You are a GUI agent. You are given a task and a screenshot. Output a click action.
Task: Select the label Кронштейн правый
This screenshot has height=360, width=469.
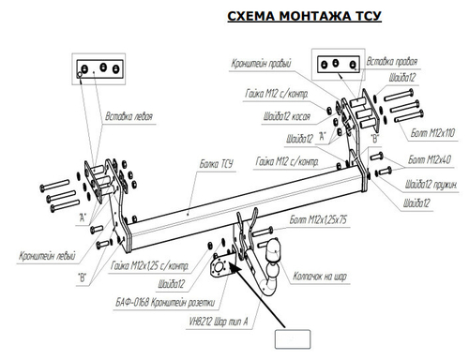click(262, 64)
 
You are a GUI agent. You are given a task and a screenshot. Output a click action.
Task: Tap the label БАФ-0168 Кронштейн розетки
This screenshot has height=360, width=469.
click(169, 301)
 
